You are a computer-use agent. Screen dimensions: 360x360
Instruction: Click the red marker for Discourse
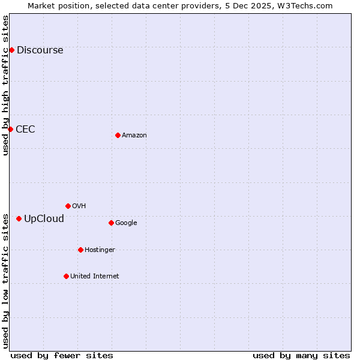(11, 50)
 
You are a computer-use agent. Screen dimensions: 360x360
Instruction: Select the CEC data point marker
(10, 129)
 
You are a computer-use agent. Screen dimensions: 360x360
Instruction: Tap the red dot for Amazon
(118, 135)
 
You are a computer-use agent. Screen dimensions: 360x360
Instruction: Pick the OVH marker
(68, 206)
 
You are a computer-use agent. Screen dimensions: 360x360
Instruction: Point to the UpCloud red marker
(19, 218)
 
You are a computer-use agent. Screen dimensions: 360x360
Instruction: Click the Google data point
(111, 223)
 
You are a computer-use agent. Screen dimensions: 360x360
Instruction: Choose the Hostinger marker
(80, 250)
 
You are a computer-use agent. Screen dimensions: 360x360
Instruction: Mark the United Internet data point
(66, 276)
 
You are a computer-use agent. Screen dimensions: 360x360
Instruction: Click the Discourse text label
(40, 50)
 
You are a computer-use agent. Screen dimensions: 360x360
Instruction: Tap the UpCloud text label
(44, 218)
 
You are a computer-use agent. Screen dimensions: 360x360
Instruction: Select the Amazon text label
(134, 135)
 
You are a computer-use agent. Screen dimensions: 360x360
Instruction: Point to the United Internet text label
(95, 276)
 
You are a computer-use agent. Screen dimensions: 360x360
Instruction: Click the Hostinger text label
(100, 250)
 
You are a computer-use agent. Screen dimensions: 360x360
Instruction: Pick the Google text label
(126, 223)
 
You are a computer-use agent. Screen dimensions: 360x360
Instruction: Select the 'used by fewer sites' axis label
(62, 355)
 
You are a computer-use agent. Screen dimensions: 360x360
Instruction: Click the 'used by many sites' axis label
(301, 355)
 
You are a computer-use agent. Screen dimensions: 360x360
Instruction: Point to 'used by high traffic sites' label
(5, 85)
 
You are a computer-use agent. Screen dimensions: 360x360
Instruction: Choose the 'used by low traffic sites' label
(5, 280)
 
